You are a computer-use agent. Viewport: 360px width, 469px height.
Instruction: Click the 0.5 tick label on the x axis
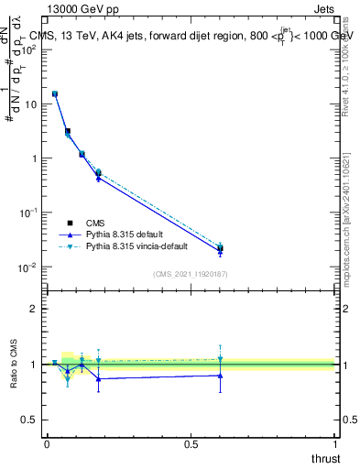coord(191,443)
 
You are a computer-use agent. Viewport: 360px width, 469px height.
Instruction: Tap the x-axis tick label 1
coord(335,443)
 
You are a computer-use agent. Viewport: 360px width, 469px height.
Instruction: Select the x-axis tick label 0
coord(47,443)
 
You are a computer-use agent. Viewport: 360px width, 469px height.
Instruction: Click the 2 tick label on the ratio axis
coord(34,309)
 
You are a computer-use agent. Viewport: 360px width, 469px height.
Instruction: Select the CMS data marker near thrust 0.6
coord(220,248)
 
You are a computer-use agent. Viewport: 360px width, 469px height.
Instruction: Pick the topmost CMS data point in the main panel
coord(55,93)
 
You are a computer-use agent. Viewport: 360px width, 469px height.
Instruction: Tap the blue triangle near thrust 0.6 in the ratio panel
coord(220,375)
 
